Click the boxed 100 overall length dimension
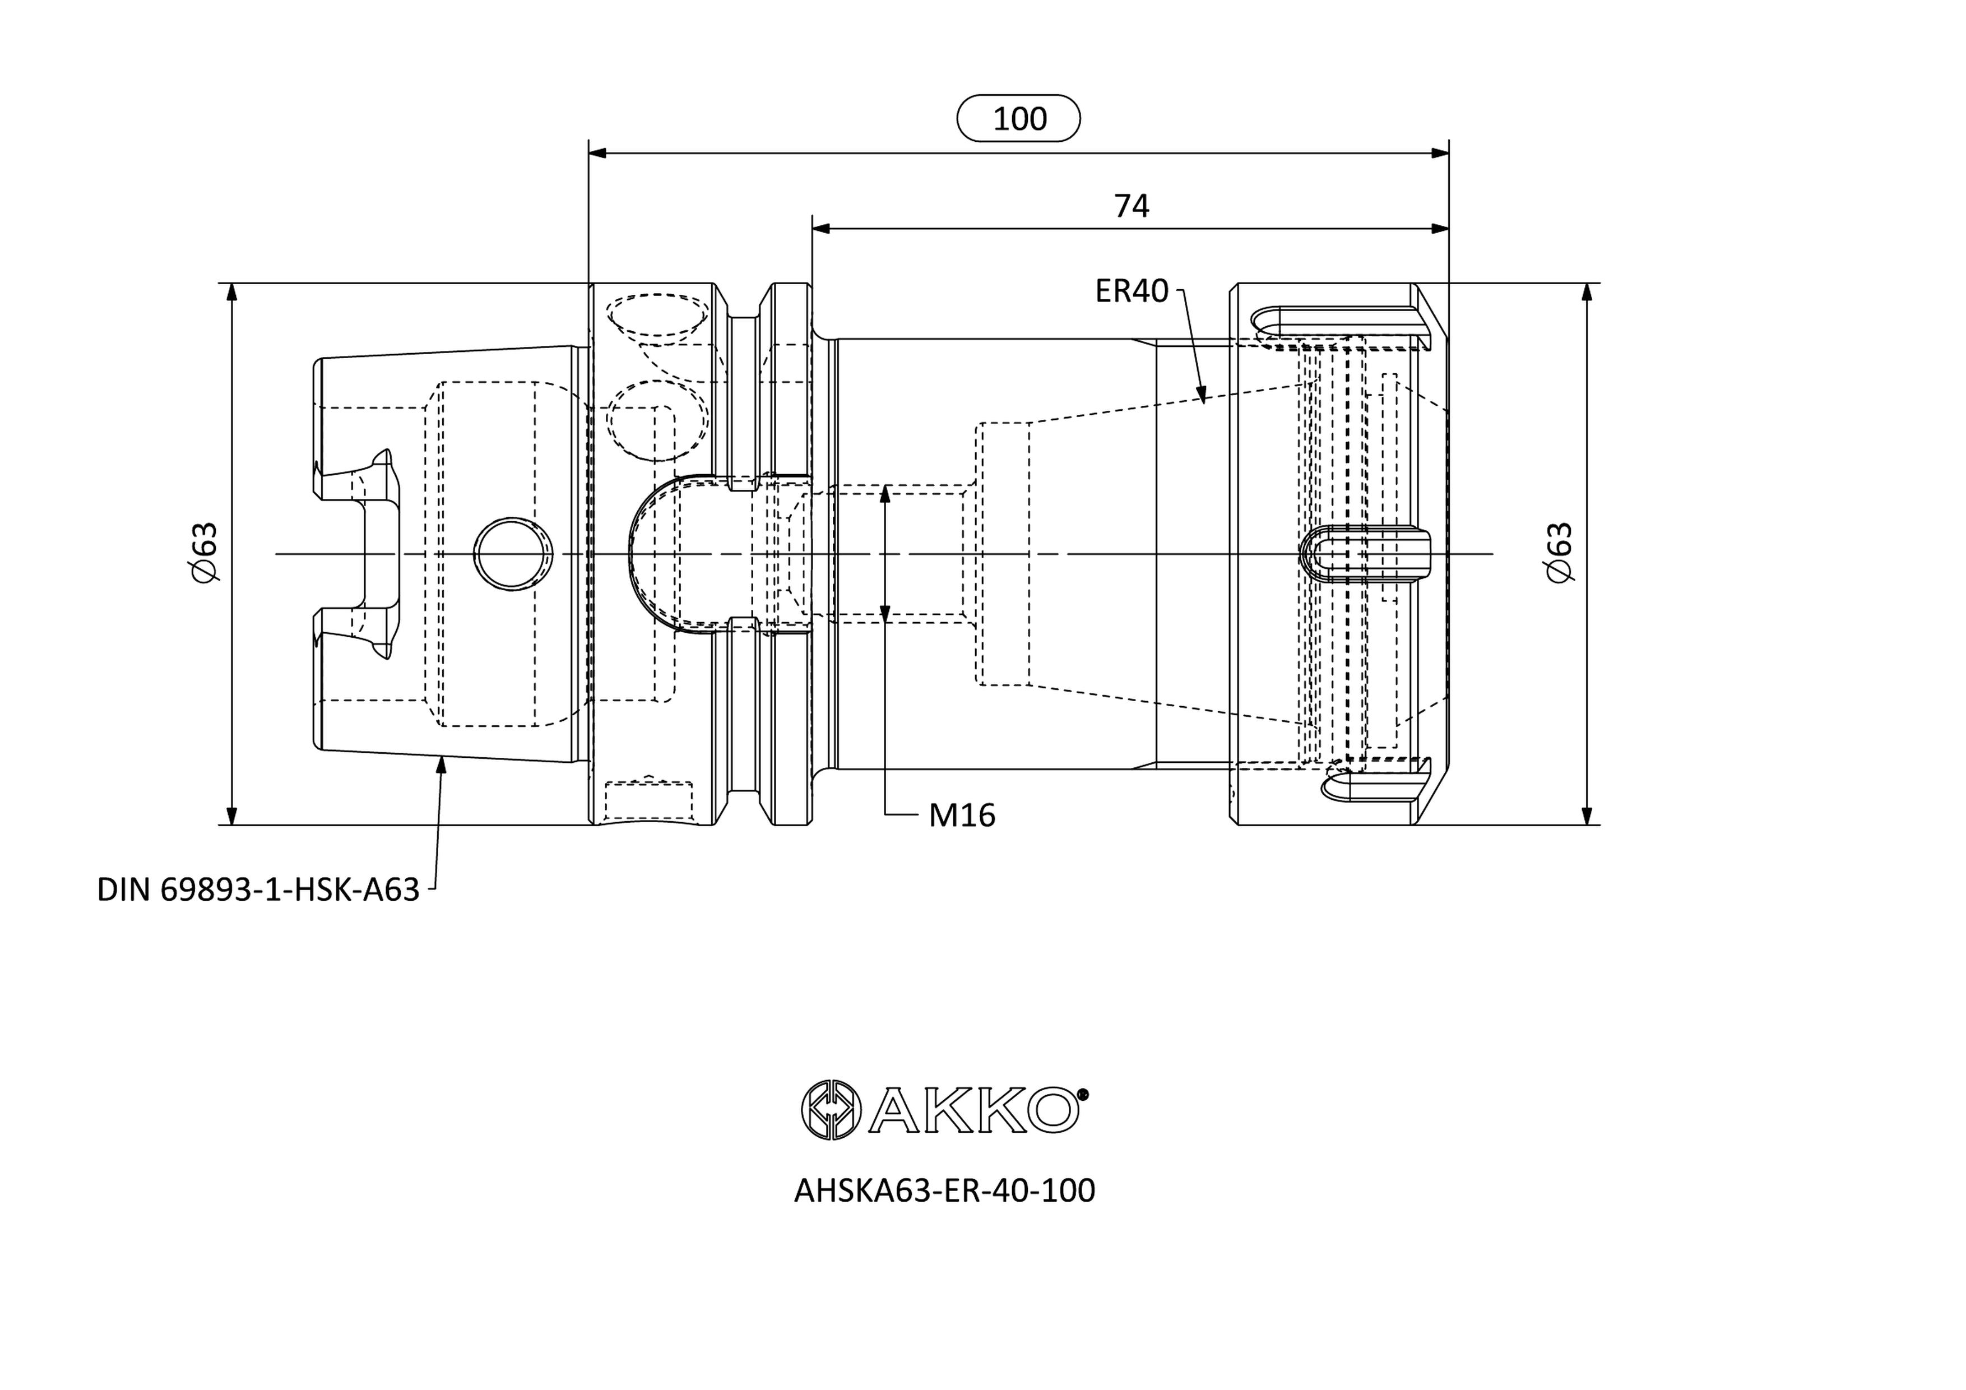(1018, 118)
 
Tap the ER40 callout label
(1131, 291)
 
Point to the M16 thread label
(962, 816)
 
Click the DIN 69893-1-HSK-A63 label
(258, 890)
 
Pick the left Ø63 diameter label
(205, 553)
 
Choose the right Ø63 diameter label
(1560, 553)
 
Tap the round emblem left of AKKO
(830, 1109)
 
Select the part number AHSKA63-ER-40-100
(944, 1190)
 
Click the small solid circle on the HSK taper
(512, 554)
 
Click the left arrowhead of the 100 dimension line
(597, 154)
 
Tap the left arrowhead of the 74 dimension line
(821, 229)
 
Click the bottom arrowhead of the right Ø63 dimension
(1587, 816)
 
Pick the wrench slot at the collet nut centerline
(1365, 553)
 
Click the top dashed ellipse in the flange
(657, 316)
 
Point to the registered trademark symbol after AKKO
(1083, 1094)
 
